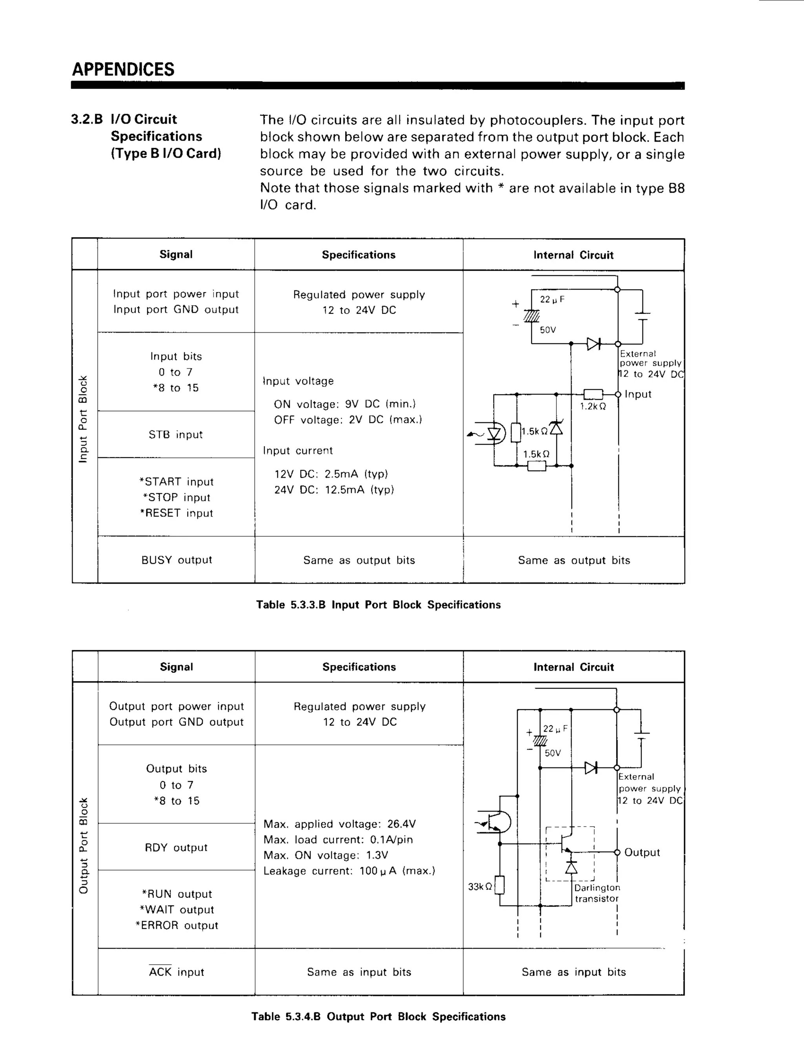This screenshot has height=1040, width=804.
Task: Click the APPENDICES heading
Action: click(x=123, y=69)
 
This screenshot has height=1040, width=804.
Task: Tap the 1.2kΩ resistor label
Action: click(x=592, y=406)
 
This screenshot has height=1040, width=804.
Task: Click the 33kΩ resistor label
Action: click(x=480, y=887)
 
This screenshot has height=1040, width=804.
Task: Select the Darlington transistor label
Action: click(x=597, y=893)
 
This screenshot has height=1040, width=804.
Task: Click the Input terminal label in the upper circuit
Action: click(x=638, y=394)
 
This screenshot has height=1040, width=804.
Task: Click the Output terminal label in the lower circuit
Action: click(x=641, y=852)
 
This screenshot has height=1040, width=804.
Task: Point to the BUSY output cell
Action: click(x=176, y=560)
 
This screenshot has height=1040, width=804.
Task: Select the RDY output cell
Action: click(x=176, y=848)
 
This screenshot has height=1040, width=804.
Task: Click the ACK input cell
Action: click(x=176, y=972)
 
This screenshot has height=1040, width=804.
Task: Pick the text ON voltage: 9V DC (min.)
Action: click(x=344, y=404)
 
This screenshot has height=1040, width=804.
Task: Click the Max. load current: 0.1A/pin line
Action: click(x=338, y=839)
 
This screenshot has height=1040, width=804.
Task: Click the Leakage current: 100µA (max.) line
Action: click(x=349, y=871)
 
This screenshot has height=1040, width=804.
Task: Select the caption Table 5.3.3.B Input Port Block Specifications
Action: click(x=378, y=605)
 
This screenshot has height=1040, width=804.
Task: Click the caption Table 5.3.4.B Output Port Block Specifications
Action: click(x=378, y=1017)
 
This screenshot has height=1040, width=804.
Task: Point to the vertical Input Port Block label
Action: click(x=83, y=419)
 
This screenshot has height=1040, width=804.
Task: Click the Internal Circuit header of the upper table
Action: click(x=573, y=255)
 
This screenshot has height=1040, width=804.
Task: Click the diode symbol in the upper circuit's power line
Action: click(x=593, y=344)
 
